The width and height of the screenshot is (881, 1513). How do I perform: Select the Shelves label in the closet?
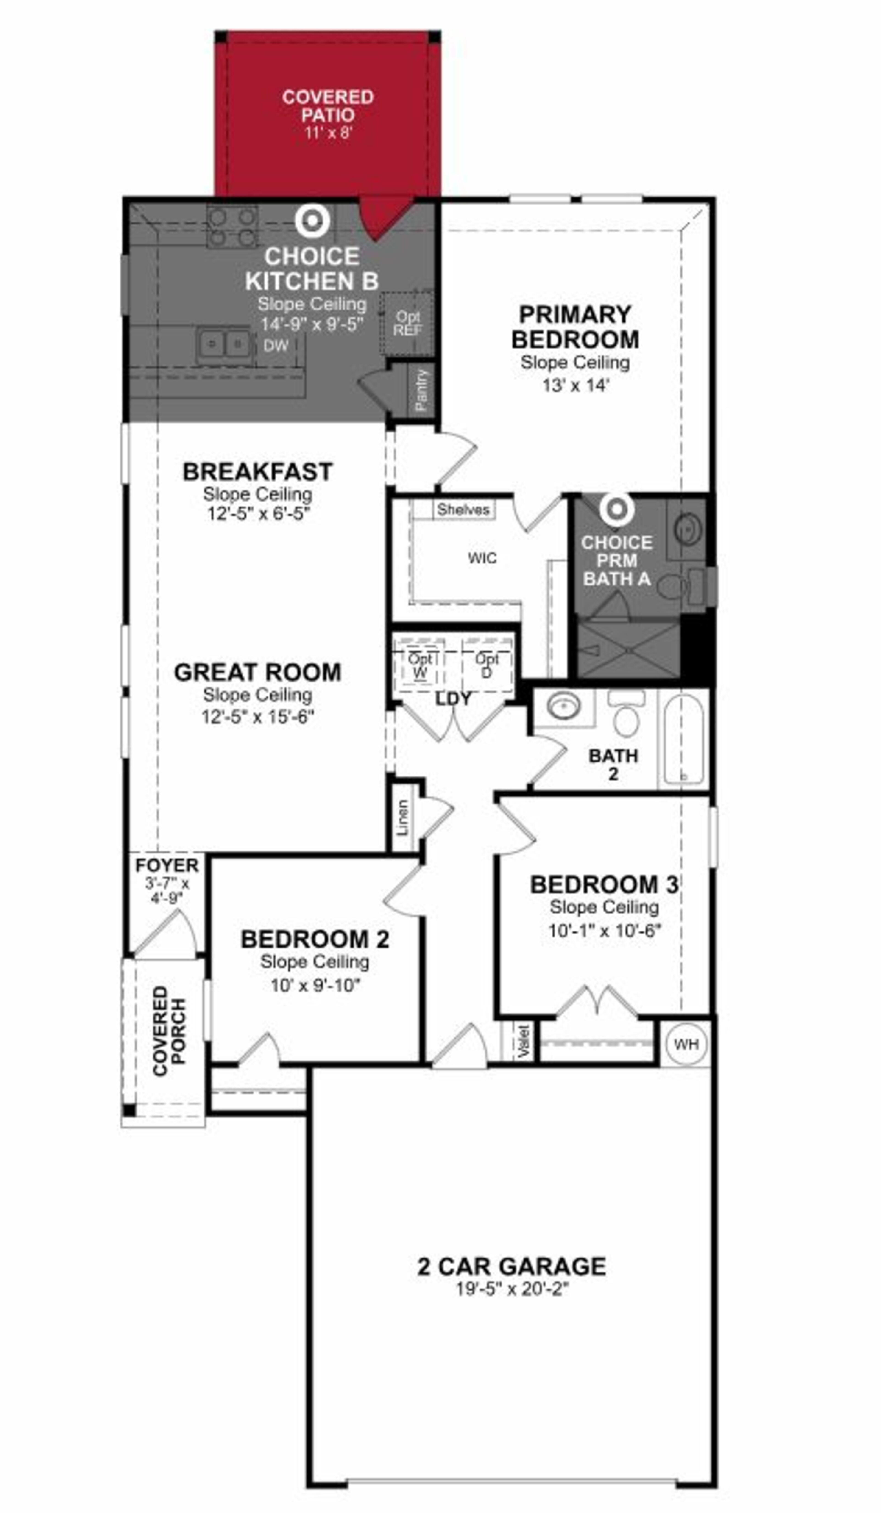click(463, 510)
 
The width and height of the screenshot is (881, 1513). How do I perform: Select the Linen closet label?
click(403, 817)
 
